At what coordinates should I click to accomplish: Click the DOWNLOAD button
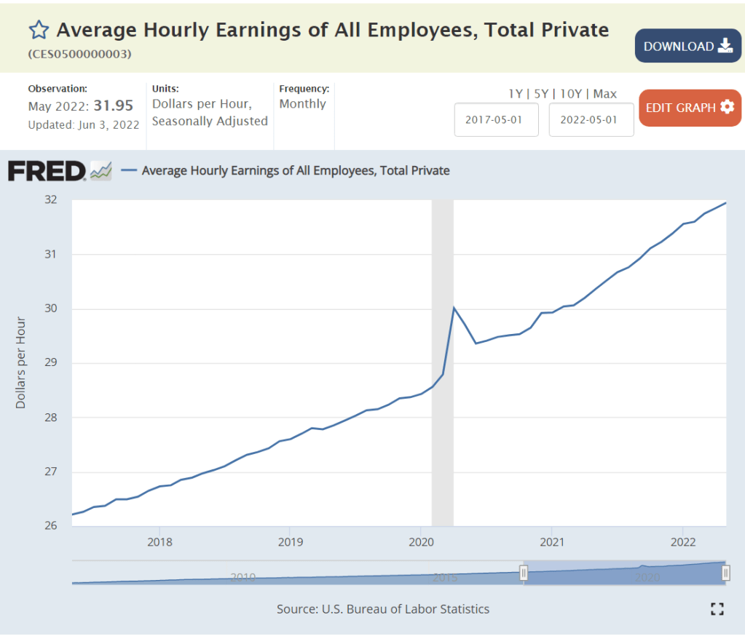tap(687, 46)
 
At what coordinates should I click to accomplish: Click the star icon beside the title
tap(39, 30)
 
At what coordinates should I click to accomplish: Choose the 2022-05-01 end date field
tap(591, 120)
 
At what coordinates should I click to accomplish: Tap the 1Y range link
tap(516, 93)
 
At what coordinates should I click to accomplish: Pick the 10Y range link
tap(572, 93)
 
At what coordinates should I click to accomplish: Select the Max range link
tap(605, 93)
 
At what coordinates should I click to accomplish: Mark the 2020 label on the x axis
tap(421, 542)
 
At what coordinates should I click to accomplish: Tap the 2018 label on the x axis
tap(159, 542)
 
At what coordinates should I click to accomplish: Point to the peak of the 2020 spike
tap(454, 307)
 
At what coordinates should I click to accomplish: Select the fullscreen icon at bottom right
tap(717, 609)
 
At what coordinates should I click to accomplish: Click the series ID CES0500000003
tap(80, 54)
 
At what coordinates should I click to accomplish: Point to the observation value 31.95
tap(113, 106)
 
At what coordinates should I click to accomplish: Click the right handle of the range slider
tap(726, 573)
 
